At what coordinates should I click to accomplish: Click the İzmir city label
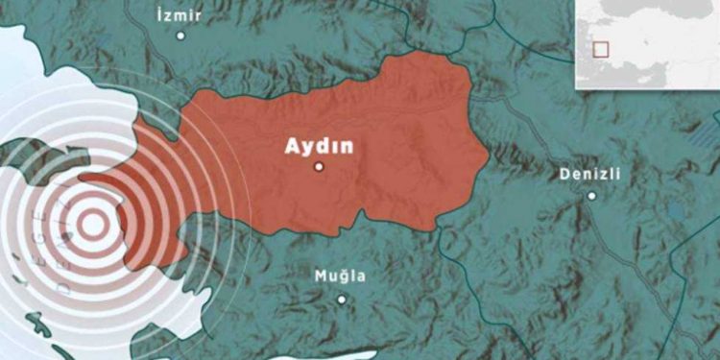click(180, 15)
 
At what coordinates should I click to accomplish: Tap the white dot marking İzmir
click(180, 36)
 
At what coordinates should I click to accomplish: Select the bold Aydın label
click(318, 146)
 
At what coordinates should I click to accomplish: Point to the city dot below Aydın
click(319, 166)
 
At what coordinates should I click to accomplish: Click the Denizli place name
click(588, 175)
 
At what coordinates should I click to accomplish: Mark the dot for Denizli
click(591, 196)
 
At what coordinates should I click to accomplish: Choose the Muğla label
click(340, 276)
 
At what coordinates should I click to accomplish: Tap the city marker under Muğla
click(340, 299)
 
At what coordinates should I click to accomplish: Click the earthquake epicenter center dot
click(92, 225)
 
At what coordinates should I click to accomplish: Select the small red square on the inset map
click(601, 49)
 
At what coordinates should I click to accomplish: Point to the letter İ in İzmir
click(159, 15)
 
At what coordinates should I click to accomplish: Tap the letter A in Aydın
click(289, 146)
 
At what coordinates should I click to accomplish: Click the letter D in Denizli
click(563, 175)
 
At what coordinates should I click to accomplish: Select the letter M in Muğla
click(321, 276)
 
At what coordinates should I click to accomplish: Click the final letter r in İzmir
click(199, 16)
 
